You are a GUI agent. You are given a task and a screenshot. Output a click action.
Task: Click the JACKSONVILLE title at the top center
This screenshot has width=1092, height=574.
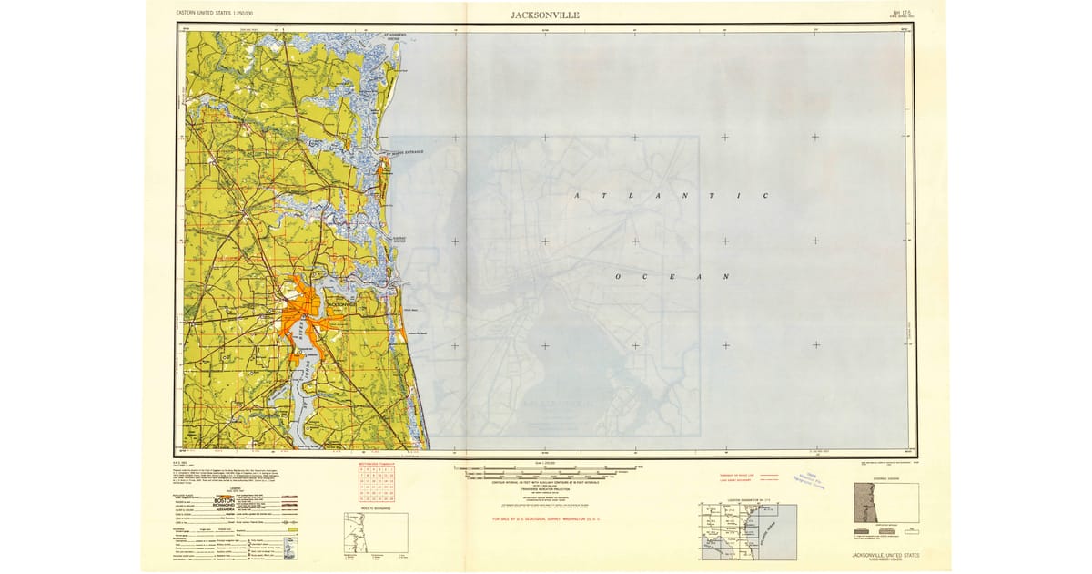(545, 15)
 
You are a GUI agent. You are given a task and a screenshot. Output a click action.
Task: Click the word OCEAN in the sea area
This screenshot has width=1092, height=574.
(672, 276)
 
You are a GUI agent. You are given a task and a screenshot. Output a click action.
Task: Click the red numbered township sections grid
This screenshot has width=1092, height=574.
(376, 484)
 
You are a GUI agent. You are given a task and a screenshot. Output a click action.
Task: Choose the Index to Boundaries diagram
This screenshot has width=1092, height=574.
(375, 532)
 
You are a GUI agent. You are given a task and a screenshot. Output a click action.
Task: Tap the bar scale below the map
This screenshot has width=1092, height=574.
(546, 473)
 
